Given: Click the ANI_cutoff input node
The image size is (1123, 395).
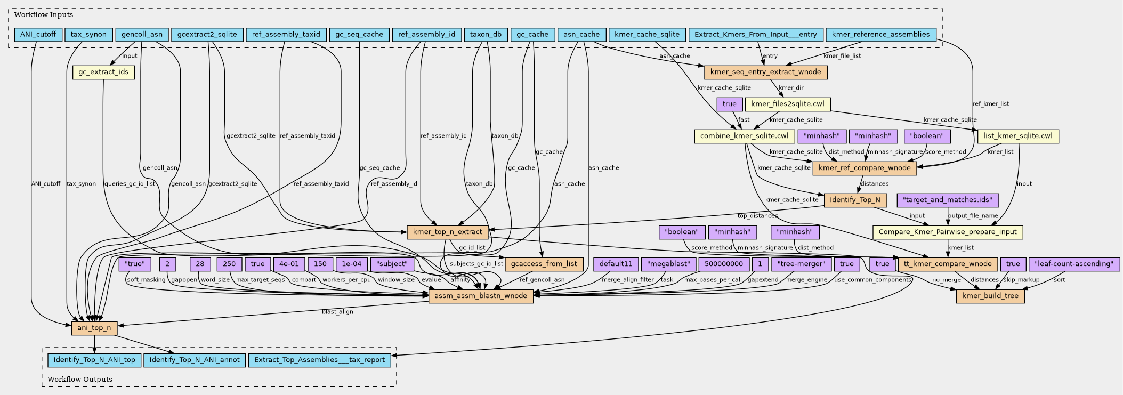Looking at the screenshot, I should (38, 35).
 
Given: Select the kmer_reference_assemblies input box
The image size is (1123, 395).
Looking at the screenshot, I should (880, 35).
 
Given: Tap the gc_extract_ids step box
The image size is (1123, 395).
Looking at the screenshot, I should (103, 72).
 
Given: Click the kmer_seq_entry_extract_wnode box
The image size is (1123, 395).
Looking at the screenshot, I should (765, 72).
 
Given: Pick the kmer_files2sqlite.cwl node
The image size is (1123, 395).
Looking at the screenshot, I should (788, 104).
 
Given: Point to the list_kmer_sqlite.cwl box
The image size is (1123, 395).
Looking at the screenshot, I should (1018, 136).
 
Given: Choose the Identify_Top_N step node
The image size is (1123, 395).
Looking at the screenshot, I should (855, 200).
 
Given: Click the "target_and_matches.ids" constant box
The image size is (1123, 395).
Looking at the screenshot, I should (948, 200).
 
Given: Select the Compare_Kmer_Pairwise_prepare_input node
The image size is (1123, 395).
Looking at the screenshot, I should (948, 232).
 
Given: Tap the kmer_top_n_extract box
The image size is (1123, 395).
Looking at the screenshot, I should (448, 232).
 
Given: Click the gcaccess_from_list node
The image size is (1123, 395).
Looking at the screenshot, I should (544, 264).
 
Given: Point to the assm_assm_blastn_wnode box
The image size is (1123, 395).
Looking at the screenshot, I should (481, 296).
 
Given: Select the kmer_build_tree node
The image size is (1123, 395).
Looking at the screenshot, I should (990, 296).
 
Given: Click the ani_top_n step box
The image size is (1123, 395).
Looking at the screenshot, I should (94, 328).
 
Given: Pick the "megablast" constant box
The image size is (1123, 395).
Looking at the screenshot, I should (668, 264).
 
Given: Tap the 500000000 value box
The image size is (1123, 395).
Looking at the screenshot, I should (723, 264).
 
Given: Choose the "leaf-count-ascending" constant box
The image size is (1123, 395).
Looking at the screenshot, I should (1073, 264).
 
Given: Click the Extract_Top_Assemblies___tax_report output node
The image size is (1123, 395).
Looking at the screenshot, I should (320, 360).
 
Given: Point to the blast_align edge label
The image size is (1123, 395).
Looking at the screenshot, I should (337, 312).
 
